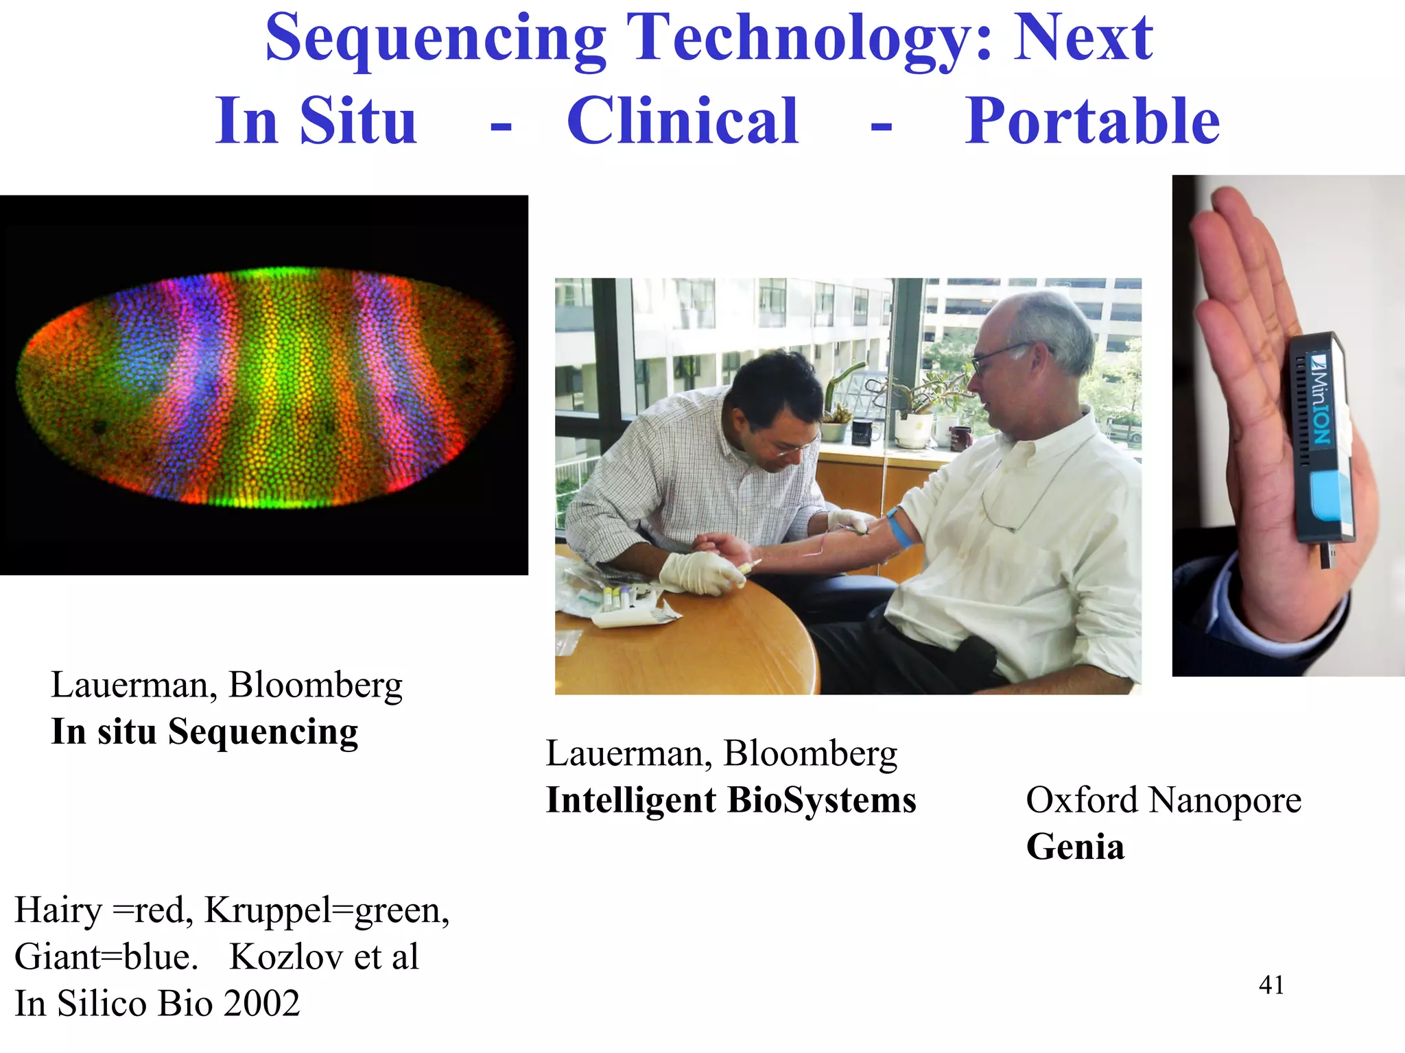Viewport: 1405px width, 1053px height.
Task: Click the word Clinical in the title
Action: [683, 121]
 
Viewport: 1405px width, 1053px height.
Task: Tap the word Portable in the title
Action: [1092, 121]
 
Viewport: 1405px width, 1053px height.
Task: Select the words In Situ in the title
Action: [316, 121]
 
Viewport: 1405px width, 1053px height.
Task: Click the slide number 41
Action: [1271, 985]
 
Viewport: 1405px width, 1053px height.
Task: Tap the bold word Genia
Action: [1075, 846]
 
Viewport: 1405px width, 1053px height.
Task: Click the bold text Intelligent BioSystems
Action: [731, 799]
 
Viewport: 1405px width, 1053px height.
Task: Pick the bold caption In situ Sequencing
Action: [204, 731]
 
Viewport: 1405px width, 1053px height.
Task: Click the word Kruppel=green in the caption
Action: [327, 910]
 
